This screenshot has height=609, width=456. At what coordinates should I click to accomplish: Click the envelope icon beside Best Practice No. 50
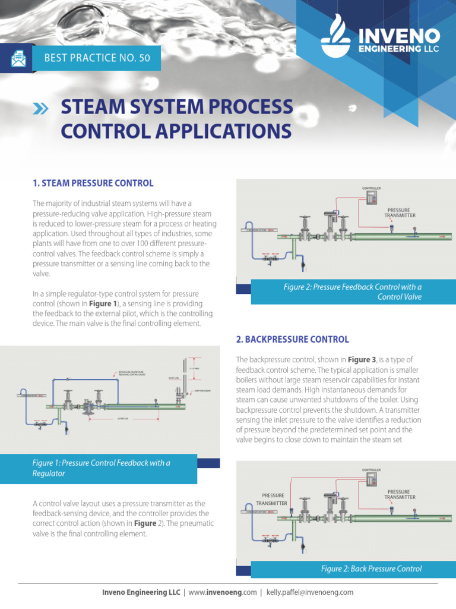(x=18, y=58)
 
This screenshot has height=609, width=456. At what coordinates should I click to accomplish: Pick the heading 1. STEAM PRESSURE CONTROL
(x=93, y=183)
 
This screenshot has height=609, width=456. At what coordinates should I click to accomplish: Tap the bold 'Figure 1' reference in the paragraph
(x=104, y=303)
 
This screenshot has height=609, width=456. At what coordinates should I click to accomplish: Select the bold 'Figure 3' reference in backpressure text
(x=362, y=360)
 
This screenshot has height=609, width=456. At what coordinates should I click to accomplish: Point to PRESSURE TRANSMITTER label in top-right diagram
(x=401, y=212)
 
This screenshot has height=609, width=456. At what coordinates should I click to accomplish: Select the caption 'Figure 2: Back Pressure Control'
(x=371, y=569)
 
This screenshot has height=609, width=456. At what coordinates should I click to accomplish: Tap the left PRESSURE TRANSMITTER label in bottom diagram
(x=273, y=498)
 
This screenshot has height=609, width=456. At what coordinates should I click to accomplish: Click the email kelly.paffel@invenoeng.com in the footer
(x=310, y=592)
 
